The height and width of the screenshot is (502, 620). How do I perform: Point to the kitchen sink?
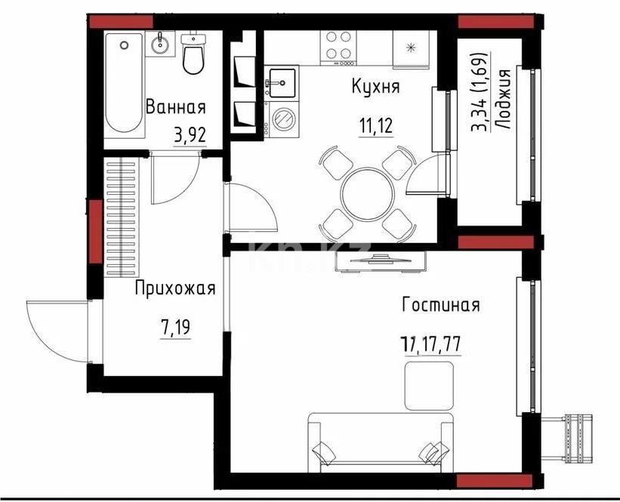(x=283, y=81)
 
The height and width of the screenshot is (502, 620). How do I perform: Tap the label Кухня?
(x=375, y=87)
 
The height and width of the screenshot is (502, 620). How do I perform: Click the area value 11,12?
(x=375, y=125)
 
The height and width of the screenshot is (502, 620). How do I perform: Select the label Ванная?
(x=175, y=106)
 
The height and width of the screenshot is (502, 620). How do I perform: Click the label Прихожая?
(x=175, y=288)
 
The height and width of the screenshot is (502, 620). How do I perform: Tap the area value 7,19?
(x=174, y=328)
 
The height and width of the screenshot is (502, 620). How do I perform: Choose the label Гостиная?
(x=441, y=305)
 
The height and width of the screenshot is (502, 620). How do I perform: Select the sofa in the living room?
(x=379, y=442)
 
